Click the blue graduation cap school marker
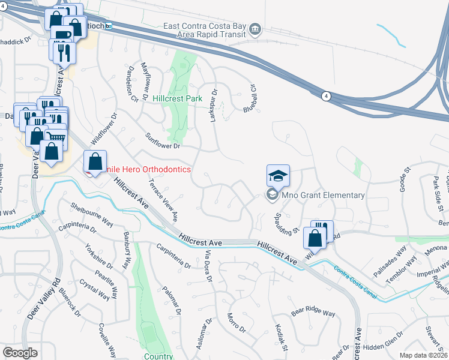pos(278,175)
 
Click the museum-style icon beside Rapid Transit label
pos(255,29)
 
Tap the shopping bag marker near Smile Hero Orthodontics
pos(95,161)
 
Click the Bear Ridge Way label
pos(313,313)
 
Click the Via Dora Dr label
pos(209,266)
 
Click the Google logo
pos(20,353)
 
